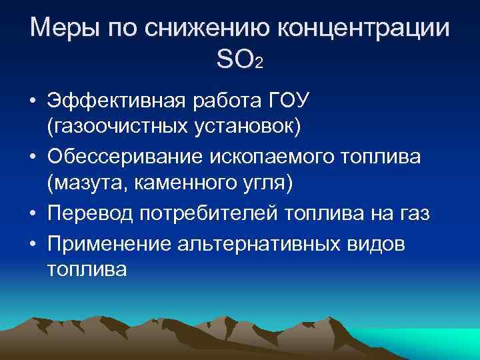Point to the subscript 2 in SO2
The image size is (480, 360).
(259, 64)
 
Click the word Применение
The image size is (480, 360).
(111, 243)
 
